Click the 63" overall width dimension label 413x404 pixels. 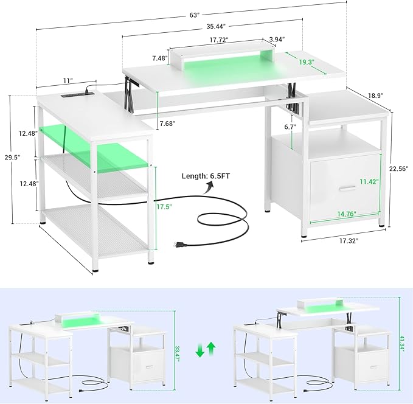pyautogui.click(x=195, y=15)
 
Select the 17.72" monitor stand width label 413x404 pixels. pyautogui.click(x=219, y=41)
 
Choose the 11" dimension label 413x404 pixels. pyautogui.click(x=67, y=80)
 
